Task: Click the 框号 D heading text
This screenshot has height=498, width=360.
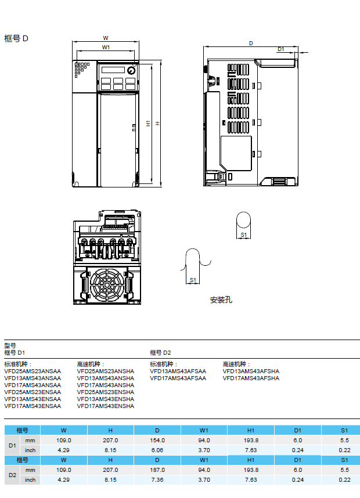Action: point(16,38)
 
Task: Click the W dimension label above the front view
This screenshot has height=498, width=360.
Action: point(106,38)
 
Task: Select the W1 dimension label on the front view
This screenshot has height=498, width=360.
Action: point(106,47)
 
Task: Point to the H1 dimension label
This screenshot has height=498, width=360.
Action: point(149,124)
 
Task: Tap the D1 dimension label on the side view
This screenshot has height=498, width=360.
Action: point(281,50)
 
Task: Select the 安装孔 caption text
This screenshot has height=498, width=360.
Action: point(221,300)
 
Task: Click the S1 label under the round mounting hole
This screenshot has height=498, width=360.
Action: point(244,235)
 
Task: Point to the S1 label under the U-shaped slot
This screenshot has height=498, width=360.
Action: point(193,280)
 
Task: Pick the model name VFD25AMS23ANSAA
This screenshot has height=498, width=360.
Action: point(33,371)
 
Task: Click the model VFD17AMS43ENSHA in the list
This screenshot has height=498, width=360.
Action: point(105,406)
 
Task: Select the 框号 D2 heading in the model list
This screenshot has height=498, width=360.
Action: point(161,352)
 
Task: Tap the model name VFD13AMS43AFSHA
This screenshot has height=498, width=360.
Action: point(251,371)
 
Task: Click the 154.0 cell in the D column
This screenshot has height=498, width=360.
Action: point(157,441)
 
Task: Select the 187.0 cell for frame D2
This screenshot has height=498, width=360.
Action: point(157,470)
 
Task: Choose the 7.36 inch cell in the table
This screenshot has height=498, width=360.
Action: point(157,479)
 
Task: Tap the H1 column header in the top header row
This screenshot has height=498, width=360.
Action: point(251,430)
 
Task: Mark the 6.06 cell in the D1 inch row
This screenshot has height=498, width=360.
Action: point(157,450)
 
